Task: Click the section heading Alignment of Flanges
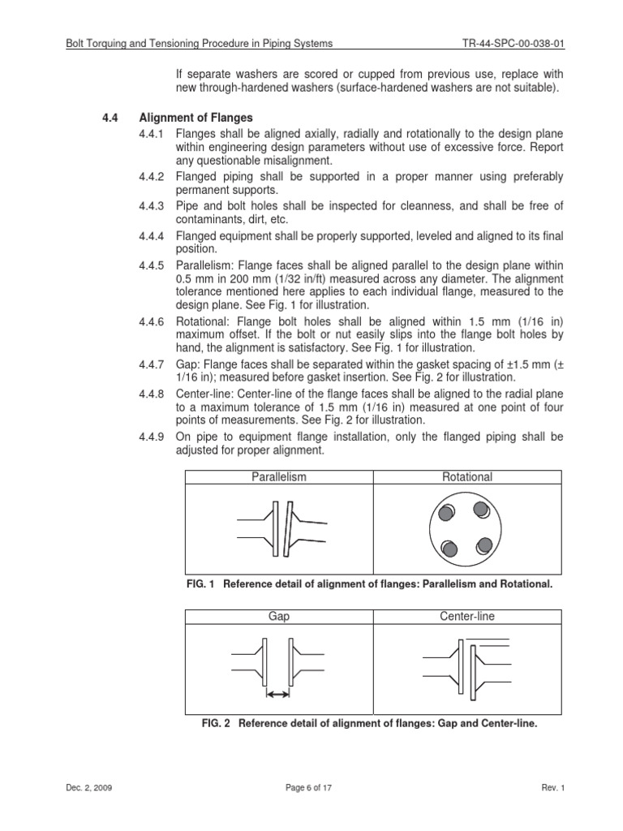[195, 118]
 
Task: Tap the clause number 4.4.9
[152, 437]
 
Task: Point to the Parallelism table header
[279, 477]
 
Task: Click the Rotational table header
[467, 477]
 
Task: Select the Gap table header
[279, 617]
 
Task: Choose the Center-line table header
[467, 617]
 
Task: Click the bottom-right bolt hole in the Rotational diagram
[484, 545]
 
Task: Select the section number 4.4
[110, 118]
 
